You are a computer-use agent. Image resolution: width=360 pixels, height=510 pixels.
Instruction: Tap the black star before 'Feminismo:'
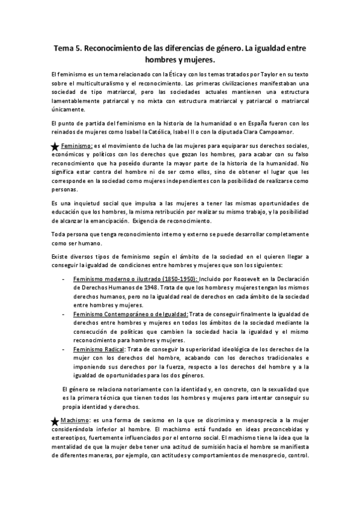[55, 147]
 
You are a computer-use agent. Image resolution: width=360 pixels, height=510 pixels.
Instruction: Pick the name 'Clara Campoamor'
[277, 131]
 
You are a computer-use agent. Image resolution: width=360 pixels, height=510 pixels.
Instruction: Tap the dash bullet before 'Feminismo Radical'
[64, 349]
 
